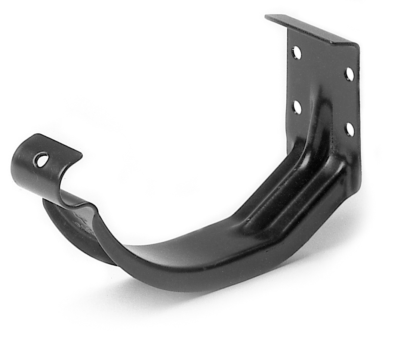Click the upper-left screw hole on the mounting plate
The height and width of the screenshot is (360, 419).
click(296, 53)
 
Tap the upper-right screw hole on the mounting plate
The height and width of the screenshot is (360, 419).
click(349, 74)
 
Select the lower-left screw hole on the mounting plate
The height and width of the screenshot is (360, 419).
click(297, 107)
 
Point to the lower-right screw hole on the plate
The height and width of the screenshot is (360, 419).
click(349, 129)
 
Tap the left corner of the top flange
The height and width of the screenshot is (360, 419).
click(266, 16)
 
